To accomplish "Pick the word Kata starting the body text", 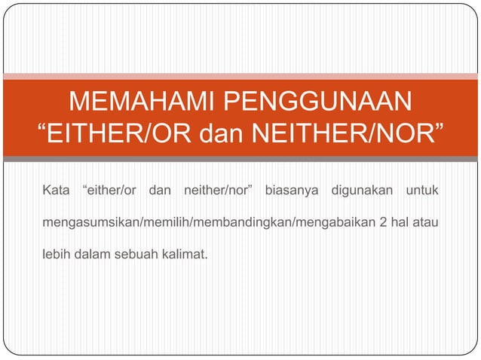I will pos(54,187).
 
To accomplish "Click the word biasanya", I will pos(291,187).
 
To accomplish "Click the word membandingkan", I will pos(226,224).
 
